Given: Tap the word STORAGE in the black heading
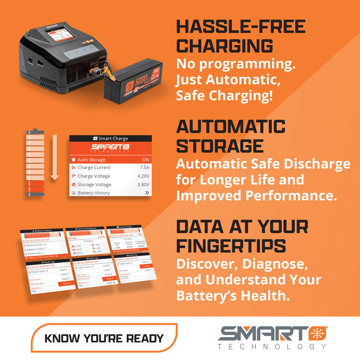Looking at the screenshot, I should point(220,146).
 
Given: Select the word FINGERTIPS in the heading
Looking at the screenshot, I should point(231,246).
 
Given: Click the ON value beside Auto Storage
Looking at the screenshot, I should point(146,160).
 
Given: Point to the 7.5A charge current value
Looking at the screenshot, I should point(145,168).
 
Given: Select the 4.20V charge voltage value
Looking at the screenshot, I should point(143,176).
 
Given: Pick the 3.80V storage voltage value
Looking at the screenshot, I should point(143,184).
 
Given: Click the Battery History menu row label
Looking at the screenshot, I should point(94,193).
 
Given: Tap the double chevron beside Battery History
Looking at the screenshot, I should point(147,193).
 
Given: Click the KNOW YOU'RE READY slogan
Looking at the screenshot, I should point(104,338).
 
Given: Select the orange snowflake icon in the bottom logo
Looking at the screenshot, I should point(317,334).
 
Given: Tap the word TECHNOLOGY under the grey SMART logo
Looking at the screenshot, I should point(272,347).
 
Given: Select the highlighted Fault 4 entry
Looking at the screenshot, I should point(67,283).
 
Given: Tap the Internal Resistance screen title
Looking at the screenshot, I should point(86,229).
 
